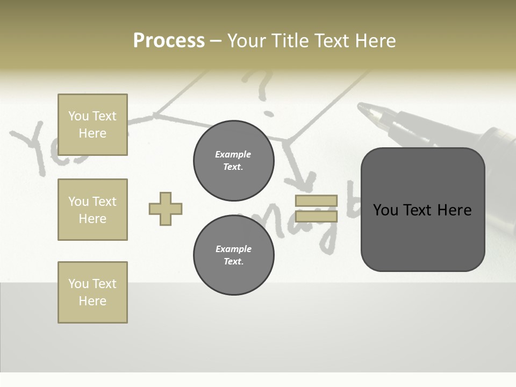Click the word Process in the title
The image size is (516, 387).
pos(169,41)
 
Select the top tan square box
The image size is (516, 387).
pos(92,125)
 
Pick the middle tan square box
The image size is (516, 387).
pos(92,210)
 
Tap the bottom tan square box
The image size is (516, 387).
pos(92,292)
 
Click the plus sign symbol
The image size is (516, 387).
pos(166,209)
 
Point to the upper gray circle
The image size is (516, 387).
pos(233,160)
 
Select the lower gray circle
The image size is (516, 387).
pos(233,255)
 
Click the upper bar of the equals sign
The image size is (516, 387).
pos(316,200)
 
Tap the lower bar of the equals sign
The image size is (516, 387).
pos(316,216)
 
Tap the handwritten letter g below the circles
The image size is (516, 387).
pos(328,236)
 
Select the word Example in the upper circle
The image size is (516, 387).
pos(233,154)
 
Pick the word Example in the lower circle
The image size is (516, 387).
pos(233,249)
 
